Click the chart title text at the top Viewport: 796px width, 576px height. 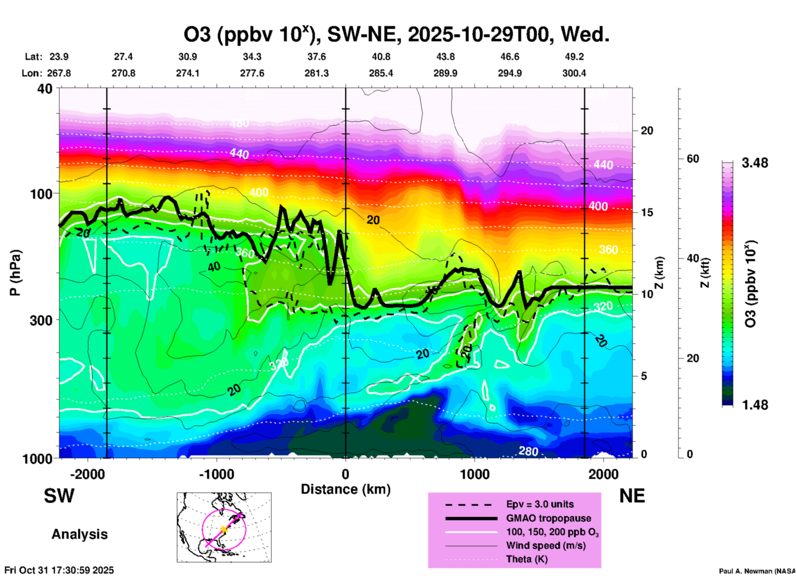click(x=396, y=35)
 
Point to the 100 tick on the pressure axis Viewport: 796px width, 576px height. click(x=41, y=194)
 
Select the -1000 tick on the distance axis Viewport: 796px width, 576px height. click(x=217, y=474)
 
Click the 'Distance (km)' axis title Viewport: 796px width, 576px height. click(x=346, y=489)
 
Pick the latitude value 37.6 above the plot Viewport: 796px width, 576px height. click(x=316, y=57)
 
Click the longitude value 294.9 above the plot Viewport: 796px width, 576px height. click(x=510, y=73)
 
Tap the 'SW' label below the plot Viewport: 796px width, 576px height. click(x=59, y=496)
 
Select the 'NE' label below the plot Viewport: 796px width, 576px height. click(x=632, y=496)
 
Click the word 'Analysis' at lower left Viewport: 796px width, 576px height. click(x=79, y=534)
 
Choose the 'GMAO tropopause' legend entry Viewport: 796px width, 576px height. click(x=548, y=518)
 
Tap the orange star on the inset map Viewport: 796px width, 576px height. click(x=224, y=529)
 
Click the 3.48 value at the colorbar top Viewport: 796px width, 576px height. click(x=755, y=163)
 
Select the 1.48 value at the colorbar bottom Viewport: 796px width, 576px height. click(x=755, y=405)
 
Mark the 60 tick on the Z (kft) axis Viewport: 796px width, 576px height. click(x=693, y=159)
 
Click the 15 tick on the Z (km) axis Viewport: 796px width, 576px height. click(x=647, y=212)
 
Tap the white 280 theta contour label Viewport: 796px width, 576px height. click(x=528, y=451)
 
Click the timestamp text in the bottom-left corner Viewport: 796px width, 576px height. click(x=59, y=570)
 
